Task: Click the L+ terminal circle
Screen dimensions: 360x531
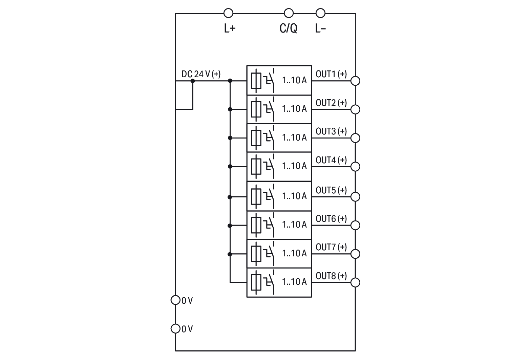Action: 229,13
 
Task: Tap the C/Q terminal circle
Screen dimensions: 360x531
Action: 289,13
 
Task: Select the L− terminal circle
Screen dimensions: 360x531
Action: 320,13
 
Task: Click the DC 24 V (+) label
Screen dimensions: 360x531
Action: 201,74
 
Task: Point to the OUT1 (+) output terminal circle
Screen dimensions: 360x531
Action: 355,81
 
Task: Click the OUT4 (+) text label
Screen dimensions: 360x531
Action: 331,160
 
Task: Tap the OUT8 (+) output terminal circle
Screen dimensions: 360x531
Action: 355,282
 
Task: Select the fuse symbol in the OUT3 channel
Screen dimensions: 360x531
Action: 256,138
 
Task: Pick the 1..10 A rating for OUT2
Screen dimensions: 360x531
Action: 294,109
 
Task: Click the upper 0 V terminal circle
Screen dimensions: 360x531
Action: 175,300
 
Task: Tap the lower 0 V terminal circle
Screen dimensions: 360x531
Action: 175,329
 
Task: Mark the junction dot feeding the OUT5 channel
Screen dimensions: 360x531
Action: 230,197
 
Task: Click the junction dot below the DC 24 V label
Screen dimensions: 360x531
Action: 193,81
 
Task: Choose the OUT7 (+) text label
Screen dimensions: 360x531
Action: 331,247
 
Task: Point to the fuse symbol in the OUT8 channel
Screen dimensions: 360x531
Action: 256,282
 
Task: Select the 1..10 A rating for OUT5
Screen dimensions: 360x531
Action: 294,196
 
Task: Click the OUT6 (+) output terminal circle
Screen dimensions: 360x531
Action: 355,225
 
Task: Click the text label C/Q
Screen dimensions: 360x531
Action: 288,28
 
